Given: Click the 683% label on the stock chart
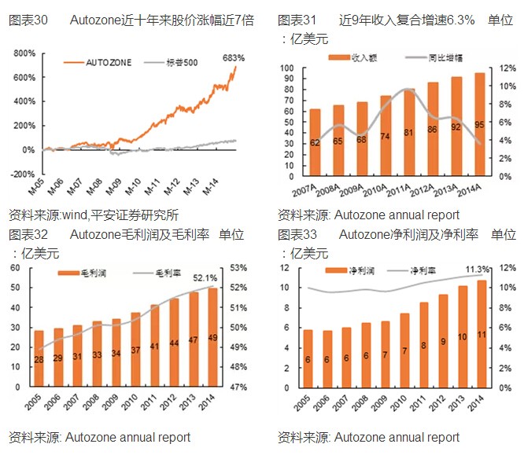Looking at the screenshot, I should (x=234, y=57).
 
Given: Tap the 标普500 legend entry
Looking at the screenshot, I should (x=182, y=62).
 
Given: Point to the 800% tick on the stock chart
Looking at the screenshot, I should (x=24, y=53).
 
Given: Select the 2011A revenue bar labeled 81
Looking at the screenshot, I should (x=408, y=133).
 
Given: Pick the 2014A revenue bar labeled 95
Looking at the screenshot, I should (x=479, y=126).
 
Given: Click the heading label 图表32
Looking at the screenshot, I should (x=28, y=235).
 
